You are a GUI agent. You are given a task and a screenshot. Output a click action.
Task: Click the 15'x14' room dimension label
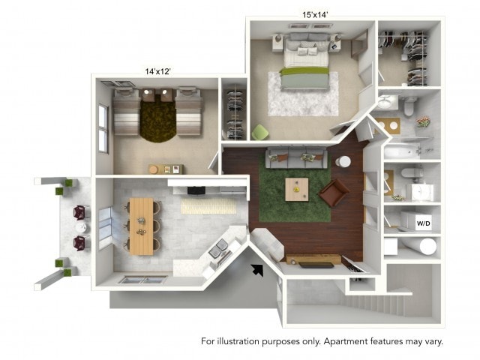coord(316,13)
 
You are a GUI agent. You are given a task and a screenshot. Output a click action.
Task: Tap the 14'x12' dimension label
coord(157,71)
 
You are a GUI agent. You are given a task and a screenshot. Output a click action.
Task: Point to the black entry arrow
coord(258,269)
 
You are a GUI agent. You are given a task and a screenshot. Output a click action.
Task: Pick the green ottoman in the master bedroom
coord(259,133)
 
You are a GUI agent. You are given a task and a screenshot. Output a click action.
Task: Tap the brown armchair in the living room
coord(334,192)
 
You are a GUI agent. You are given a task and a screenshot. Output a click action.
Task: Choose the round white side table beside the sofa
coord(343,161)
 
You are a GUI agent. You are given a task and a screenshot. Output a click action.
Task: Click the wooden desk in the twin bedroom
coord(165,169)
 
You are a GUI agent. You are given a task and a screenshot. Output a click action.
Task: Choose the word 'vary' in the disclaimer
coord(432,341)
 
